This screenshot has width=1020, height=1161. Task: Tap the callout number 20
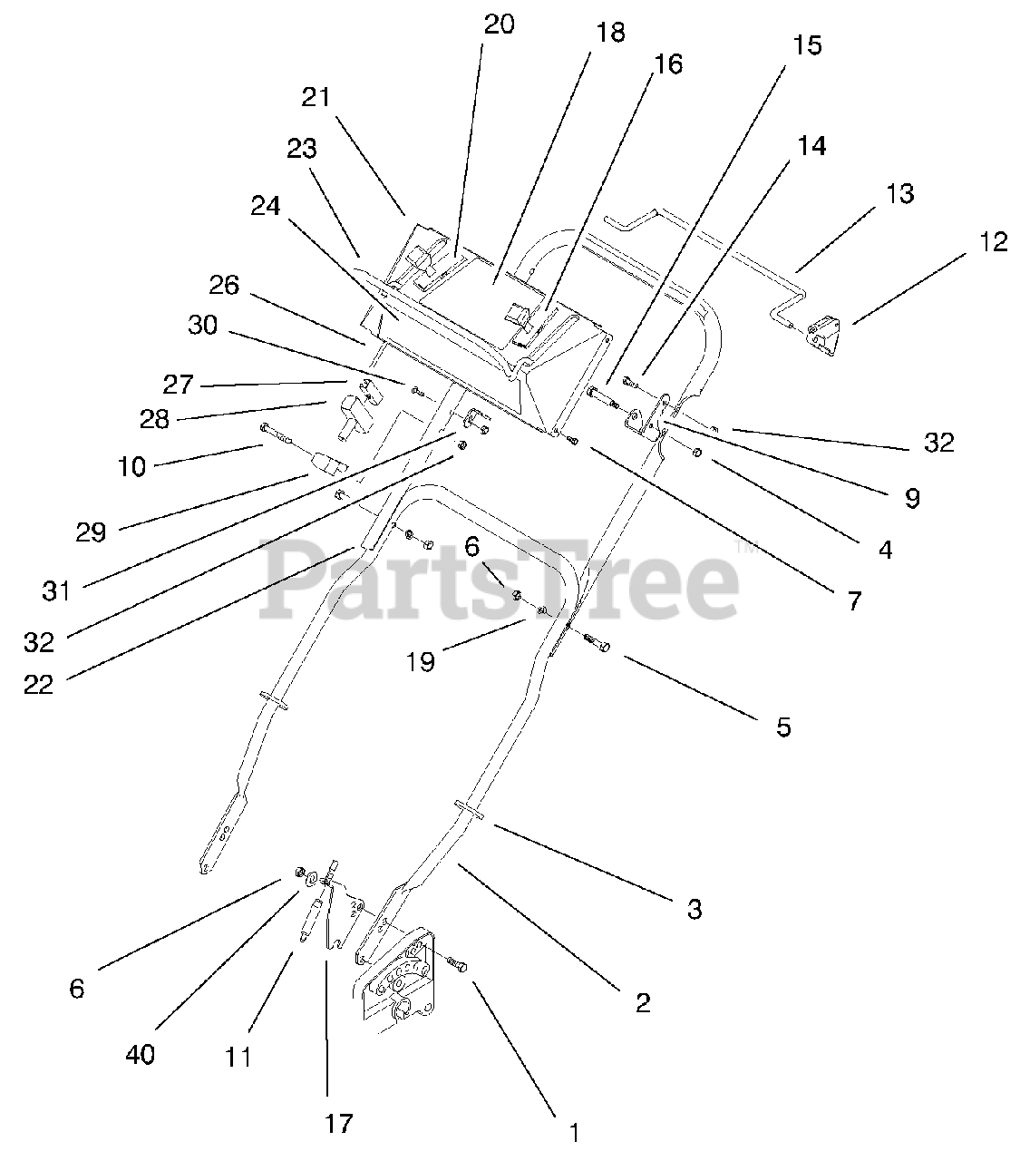tap(499, 24)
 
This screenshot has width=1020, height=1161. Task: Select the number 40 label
tap(141, 1054)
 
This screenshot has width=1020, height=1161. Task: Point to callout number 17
tap(338, 1123)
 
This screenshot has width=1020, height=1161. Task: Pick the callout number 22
tap(39, 684)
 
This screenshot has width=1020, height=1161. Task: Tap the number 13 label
tap(900, 193)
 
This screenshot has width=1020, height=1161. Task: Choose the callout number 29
tap(91, 532)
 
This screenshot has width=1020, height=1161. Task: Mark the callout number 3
tap(694, 909)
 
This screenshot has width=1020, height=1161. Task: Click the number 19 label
tap(421, 662)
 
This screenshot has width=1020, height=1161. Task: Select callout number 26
tap(223, 285)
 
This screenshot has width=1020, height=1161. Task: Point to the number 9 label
tap(912, 497)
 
